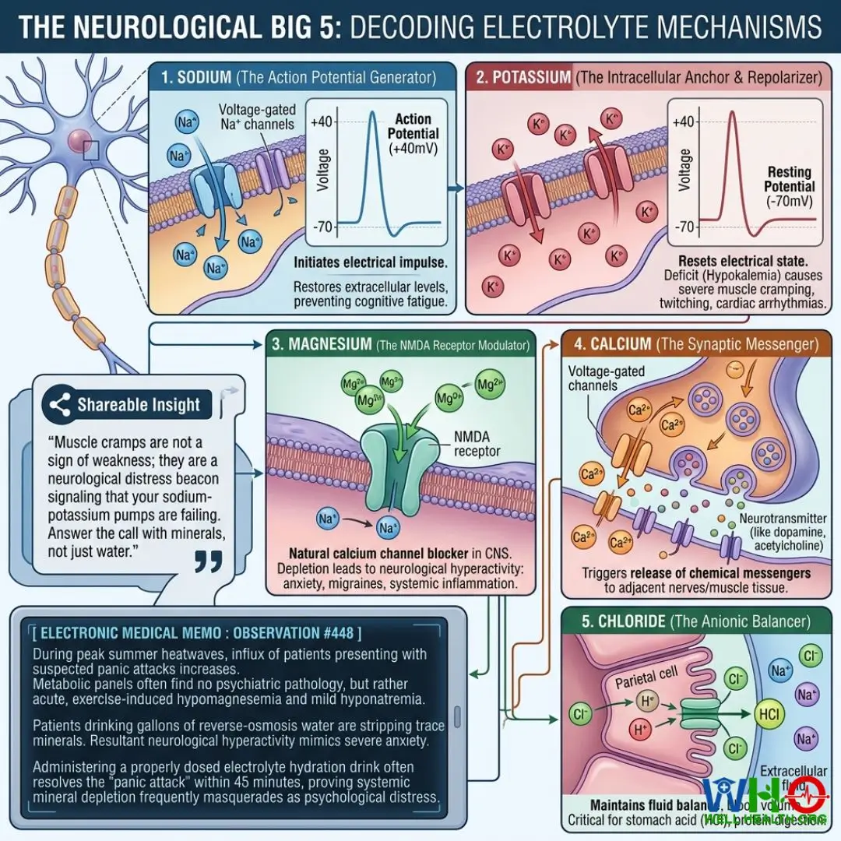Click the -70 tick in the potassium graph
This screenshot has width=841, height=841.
(x=683, y=227)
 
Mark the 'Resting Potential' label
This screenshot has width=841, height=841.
(x=790, y=179)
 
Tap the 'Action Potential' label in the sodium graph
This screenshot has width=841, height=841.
(x=413, y=126)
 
